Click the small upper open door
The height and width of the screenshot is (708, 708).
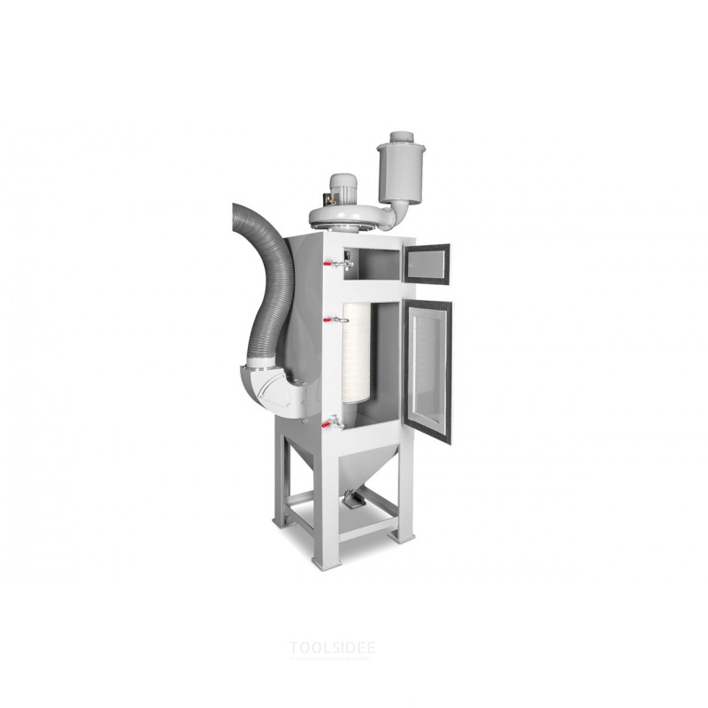point(427,263)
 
